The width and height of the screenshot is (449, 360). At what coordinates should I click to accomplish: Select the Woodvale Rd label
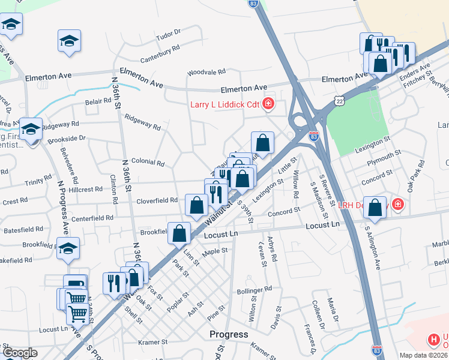[206, 71]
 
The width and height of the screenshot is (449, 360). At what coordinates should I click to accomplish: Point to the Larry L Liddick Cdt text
[225, 104]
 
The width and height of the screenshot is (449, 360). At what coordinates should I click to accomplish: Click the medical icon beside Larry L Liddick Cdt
[268, 104]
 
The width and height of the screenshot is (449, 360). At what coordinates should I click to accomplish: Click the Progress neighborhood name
[229, 334]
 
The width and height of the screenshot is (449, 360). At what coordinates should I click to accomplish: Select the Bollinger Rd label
[255, 289]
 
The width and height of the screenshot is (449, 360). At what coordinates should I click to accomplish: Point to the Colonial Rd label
[148, 162]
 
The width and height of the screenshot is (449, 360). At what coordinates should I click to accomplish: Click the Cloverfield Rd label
[157, 200]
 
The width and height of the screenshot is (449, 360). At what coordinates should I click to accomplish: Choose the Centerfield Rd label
[92, 219]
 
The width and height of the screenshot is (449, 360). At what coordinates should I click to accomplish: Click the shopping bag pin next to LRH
[375, 208]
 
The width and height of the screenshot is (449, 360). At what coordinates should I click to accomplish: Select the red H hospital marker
[434, 340]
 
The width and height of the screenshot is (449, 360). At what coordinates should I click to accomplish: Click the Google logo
[20, 353]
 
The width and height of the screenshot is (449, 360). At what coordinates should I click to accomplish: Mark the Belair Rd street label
[98, 102]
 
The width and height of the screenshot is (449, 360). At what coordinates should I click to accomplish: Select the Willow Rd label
[295, 185]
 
